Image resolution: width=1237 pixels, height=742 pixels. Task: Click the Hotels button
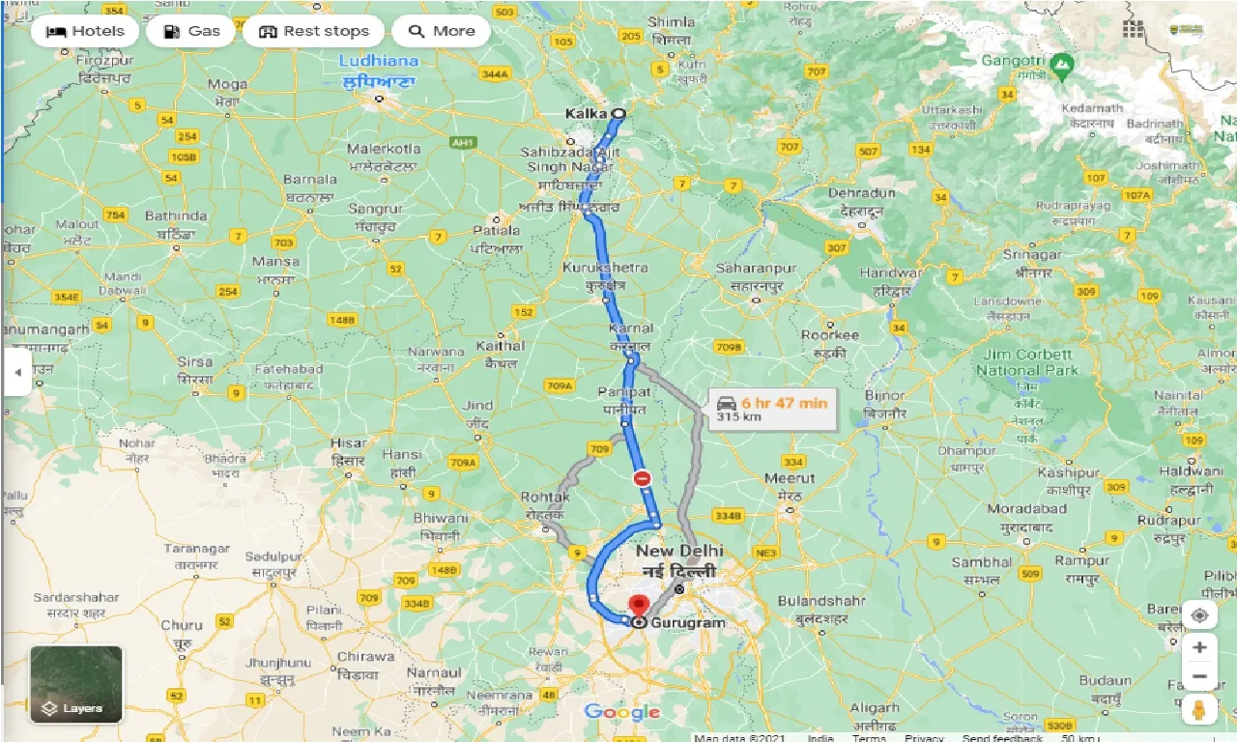coord(86,31)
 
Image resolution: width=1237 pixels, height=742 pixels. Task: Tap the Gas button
coord(191,31)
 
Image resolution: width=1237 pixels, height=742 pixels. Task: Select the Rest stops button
coord(313,31)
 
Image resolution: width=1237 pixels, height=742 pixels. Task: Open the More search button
coord(441,31)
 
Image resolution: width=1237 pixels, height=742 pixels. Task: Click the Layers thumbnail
coord(76,684)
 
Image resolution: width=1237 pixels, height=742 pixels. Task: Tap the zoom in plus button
coord(1199,647)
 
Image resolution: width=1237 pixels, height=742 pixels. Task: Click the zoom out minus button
coord(1199,676)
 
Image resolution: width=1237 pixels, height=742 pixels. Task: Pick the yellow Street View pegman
coord(1199,710)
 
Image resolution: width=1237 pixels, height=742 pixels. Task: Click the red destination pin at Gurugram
coord(638,607)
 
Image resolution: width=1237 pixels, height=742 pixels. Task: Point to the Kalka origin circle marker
coord(618,113)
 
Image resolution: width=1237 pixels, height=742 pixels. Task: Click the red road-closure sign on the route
coord(643,478)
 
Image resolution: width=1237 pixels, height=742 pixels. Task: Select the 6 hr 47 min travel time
coord(784,402)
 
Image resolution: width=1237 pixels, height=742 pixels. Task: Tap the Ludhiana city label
coord(378,61)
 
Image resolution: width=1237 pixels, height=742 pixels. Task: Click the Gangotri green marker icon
coord(1062,66)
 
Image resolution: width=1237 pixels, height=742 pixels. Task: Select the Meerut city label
coord(790,478)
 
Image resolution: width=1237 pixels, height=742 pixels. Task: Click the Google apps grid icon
coord(1134,29)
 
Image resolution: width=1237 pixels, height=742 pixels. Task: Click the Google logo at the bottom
coord(621,713)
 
